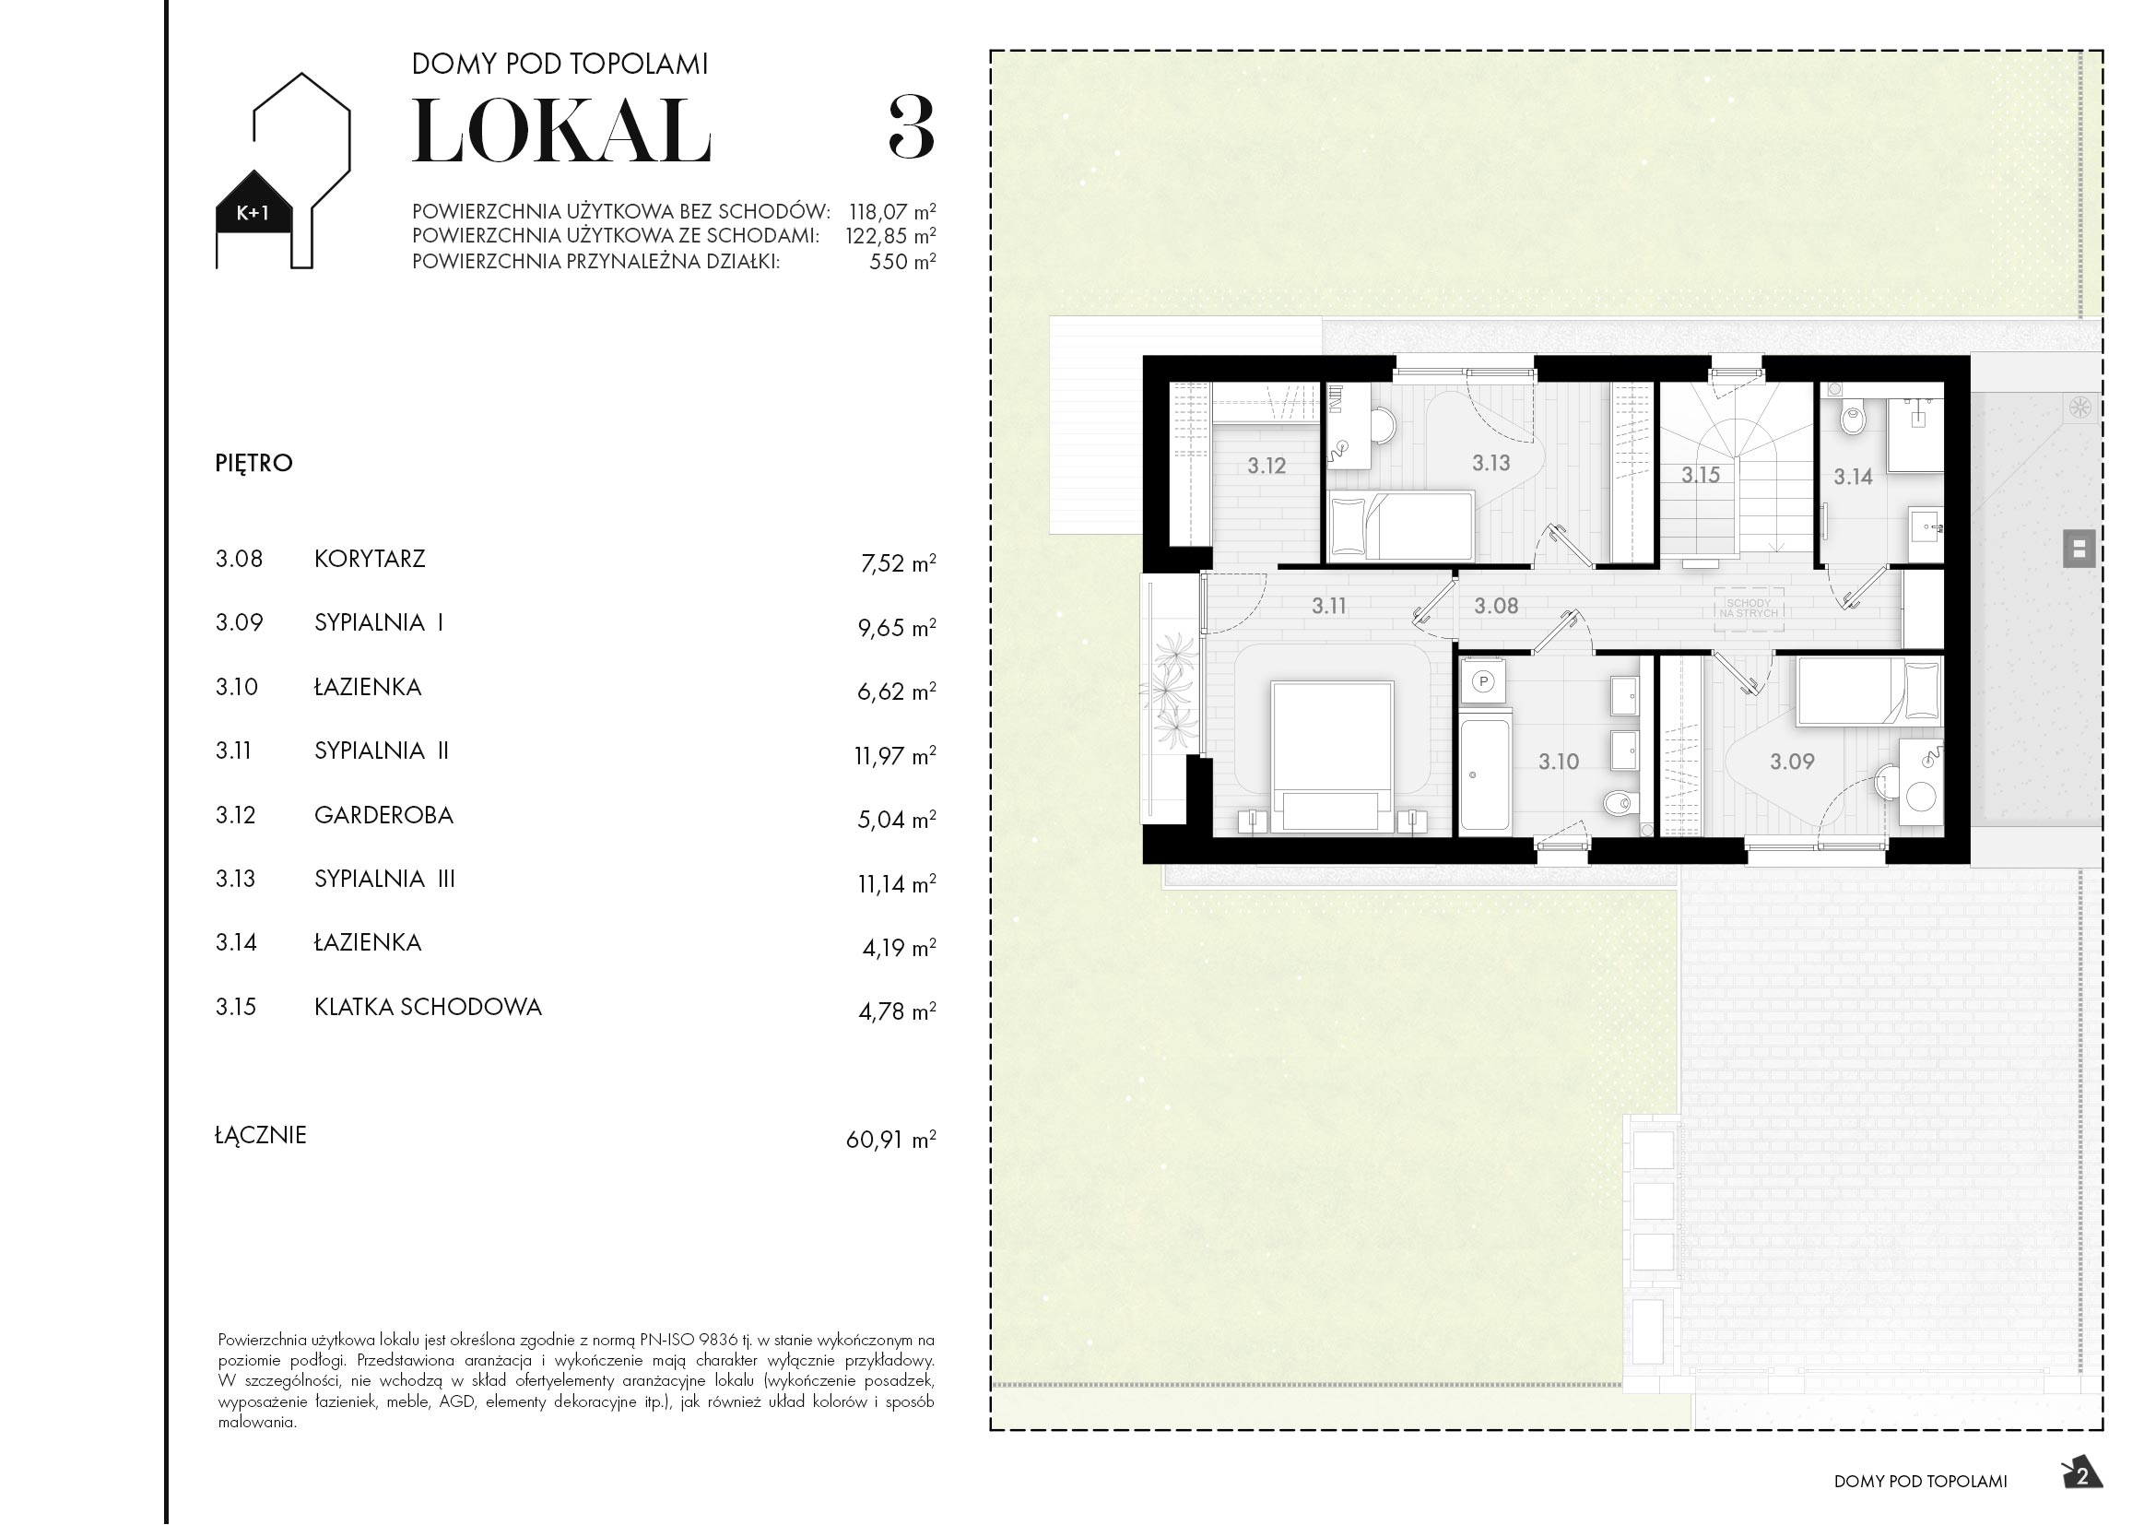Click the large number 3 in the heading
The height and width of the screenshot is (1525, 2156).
pyautogui.click(x=911, y=131)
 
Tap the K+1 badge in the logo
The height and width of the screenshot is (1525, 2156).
pyautogui.click(x=253, y=213)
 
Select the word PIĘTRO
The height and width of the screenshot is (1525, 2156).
pyautogui.click(x=253, y=463)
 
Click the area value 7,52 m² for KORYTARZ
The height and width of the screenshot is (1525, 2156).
pyautogui.click(x=897, y=563)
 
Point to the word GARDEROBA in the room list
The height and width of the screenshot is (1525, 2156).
pyautogui.click(x=383, y=815)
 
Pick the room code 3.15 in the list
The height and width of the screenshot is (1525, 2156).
pyautogui.click(x=236, y=1007)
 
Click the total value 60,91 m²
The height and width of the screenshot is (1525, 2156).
pyautogui.click(x=890, y=1139)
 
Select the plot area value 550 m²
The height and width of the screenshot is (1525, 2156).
pyautogui.click(x=901, y=262)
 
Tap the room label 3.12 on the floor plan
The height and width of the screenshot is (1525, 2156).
pyautogui.click(x=1266, y=466)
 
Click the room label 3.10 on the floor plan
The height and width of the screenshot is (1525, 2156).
pyautogui.click(x=1559, y=762)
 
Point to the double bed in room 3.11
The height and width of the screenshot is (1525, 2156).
pyautogui.click(x=1331, y=756)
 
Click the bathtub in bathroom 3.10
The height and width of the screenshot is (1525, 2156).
pyautogui.click(x=1485, y=773)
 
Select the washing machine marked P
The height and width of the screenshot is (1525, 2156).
pyautogui.click(x=1484, y=681)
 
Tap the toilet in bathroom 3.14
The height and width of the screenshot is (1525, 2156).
pyautogui.click(x=1852, y=417)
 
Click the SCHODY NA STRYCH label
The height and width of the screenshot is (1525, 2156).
pyautogui.click(x=1748, y=609)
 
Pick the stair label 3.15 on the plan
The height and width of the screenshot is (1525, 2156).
pyautogui.click(x=1701, y=475)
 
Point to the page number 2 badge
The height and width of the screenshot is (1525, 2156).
pyautogui.click(x=2083, y=1476)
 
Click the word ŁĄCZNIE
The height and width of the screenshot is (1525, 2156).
pyautogui.click(x=261, y=1135)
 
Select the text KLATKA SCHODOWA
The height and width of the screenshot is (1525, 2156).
pyautogui.click(x=428, y=1007)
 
